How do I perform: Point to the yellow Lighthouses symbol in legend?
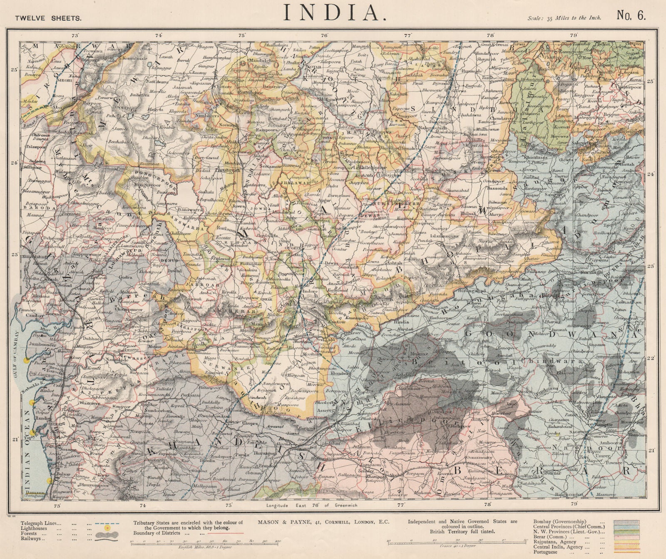[x=107, y=528]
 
